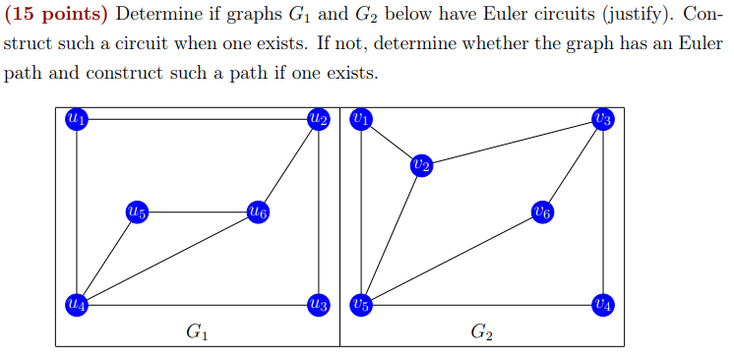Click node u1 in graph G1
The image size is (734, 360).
coord(76,119)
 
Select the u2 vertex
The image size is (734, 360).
coord(318,119)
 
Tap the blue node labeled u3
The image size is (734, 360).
coord(318,304)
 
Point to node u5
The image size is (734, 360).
coord(137,211)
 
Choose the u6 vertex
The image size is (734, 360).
coord(258,211)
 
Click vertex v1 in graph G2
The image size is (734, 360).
coord(361,119)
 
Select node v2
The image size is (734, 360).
coord(422,165)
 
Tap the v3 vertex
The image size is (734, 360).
coord(603,119)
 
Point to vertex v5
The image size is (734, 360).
coord(361,304)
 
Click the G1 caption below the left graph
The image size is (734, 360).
coord(197,332)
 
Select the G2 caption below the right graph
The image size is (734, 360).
coord(482,332)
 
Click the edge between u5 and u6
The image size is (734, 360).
coord(197,211)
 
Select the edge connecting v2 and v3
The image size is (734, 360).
coord(513,143)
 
